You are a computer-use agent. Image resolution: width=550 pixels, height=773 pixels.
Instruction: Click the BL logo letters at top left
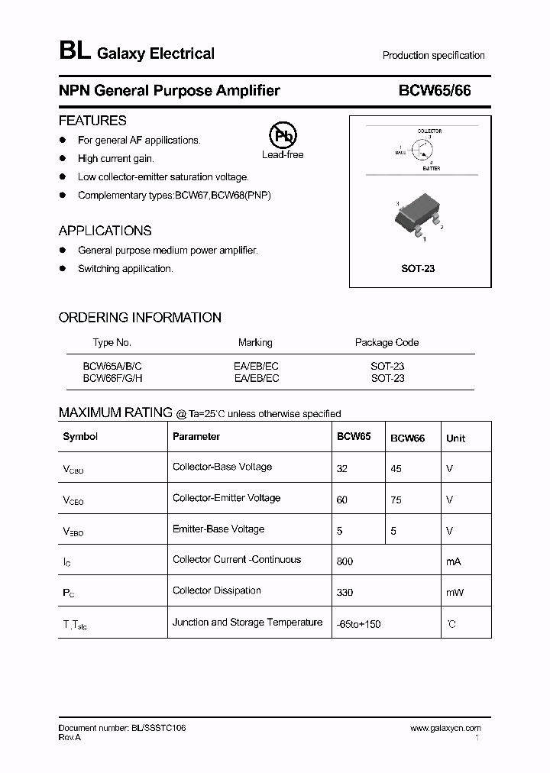(x=74, y=52)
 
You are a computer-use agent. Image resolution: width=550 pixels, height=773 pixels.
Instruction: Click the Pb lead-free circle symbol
(x=283, y=136)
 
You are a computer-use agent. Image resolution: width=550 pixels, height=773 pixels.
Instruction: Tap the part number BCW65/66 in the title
(x=435, y=91)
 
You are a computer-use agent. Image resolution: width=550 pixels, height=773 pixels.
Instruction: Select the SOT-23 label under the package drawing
(x=418, y=269)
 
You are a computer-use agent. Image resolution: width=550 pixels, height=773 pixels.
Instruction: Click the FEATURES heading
(x=92, y=121)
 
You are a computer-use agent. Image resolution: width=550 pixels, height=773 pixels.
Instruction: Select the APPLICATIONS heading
(x=105, y=231)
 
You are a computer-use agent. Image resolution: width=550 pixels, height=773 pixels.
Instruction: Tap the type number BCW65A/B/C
(x=112, y=366)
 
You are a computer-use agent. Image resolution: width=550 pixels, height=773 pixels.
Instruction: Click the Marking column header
(x=255, y=342)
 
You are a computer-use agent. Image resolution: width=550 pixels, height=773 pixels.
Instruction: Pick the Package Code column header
(x=387, y=342)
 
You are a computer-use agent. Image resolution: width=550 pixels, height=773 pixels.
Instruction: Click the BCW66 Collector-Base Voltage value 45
(x=396, y=469)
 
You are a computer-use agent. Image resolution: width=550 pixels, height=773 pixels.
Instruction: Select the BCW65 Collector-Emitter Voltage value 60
(x=341, y=500)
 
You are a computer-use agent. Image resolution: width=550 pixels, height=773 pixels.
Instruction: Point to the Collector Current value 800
(x=345, y=561)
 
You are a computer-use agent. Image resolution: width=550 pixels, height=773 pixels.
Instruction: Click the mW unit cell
(x=455, y=592)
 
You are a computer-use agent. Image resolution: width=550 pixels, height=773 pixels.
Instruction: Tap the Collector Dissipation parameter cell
(x=217, y=590)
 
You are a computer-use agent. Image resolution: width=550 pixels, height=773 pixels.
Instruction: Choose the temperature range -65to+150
(x=358, y=624)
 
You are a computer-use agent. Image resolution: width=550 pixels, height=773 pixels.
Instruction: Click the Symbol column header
(x=80, y=437)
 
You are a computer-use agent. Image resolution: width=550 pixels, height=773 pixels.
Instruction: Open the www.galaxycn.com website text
(x=445, y=729)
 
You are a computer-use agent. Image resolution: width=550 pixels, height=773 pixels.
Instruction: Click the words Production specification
(x=433, y=55)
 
